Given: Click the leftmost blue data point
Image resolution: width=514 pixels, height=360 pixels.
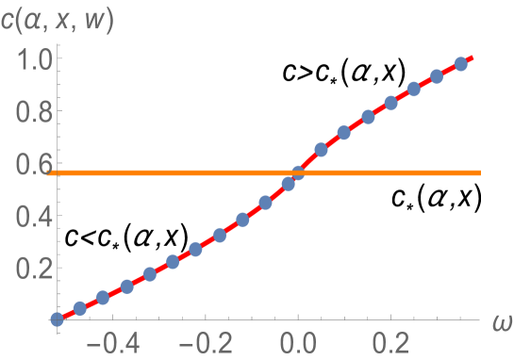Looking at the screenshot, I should [x=57, y=319].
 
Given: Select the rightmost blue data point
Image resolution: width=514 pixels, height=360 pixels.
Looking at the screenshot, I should [x=461, y=64].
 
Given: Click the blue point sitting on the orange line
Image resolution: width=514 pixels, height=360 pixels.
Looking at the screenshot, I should [x=298, y=172].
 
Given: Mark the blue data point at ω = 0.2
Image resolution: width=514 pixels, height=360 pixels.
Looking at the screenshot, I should [x=390, y=103].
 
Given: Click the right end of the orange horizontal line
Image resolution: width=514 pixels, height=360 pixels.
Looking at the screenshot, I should [x=480, y=172].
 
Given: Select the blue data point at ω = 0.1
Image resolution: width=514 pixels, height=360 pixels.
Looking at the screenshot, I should [x=344, y=133].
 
